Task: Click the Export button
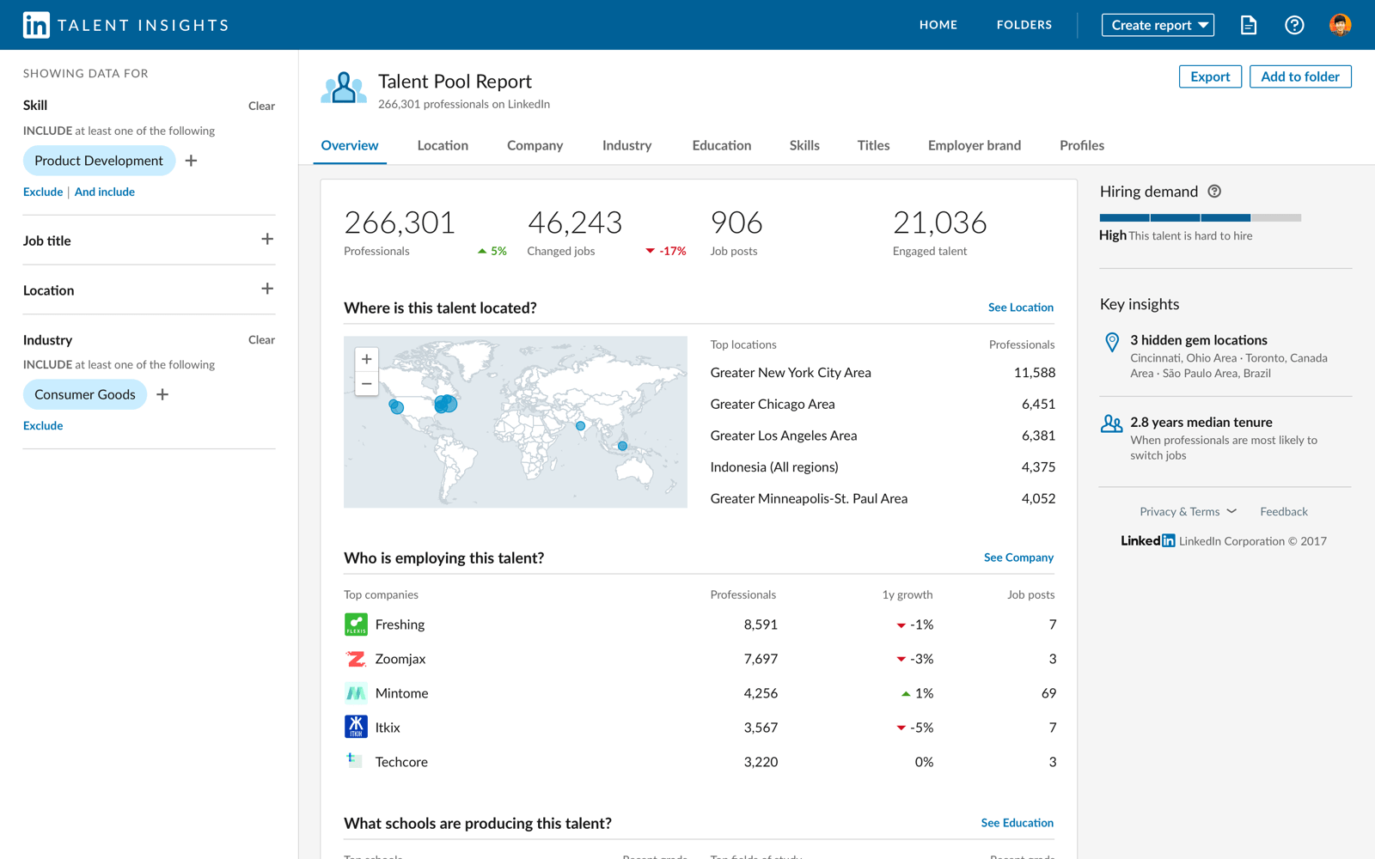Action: point(1209,76)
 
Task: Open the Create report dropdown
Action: point(1157,25)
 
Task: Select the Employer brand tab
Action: point(974,145)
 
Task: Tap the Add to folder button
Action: point(1299,76)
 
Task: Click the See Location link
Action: point(1020,308)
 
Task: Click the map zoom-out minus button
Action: point(367,384)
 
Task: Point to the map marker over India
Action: point(581,426)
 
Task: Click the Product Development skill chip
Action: point(99,161)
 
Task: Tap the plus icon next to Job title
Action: point(267,240)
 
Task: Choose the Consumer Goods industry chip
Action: point(85,394)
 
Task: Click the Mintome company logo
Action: point(356,693)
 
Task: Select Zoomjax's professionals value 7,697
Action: point(760,659)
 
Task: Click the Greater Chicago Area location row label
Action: point(772,404)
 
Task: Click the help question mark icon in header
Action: point(1293,25)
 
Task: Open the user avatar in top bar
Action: point(1339,25)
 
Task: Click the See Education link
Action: point(1017,823)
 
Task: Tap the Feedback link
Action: point(1283,512)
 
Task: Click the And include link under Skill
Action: point(105,192)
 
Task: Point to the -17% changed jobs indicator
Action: point(666,251)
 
